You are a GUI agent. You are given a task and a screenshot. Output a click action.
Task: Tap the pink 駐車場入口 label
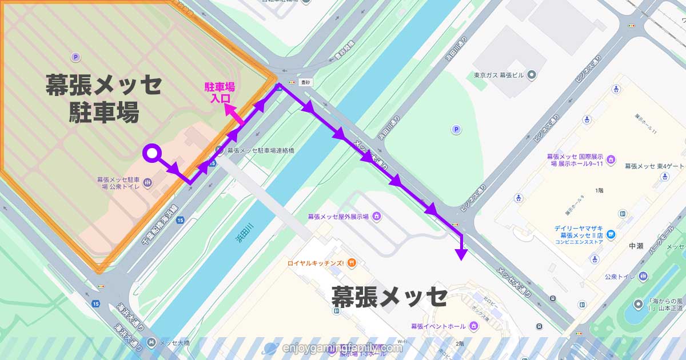click(x=220, y=92)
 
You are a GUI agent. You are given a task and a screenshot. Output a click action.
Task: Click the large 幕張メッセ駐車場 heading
click(x=103, y=98)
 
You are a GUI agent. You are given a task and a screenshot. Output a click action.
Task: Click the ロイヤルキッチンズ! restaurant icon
click(x=352, y=263)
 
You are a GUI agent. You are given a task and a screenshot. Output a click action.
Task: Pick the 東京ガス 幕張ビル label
click(x=501, y=75)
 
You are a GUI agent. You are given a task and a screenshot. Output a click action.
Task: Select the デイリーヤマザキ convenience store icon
click(x=611, y=234)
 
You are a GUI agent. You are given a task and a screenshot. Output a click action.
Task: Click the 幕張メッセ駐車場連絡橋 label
click(x=260, y=150)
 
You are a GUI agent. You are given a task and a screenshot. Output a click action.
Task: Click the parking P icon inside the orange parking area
click(x=75, y=57)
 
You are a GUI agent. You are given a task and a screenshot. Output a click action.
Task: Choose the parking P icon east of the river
click(x=456, y=130)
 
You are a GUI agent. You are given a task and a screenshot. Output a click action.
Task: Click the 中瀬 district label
click(x=636, y=246)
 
